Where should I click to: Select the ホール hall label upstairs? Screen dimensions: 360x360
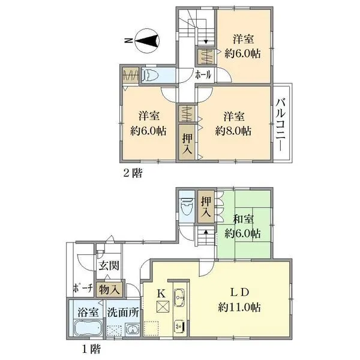[202, 76]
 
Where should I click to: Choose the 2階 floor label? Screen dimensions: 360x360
[133, 173]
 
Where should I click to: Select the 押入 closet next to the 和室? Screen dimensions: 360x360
[206, 205]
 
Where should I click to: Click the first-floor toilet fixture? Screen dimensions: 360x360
[187, 206]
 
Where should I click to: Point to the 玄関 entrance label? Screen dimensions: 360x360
[109, 266]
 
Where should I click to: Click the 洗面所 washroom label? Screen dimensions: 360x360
[123, 313]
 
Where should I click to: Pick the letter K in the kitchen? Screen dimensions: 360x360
[160, 293]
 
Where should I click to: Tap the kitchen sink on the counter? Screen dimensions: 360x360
[179, 296]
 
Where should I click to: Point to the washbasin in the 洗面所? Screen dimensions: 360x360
[131, 329]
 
